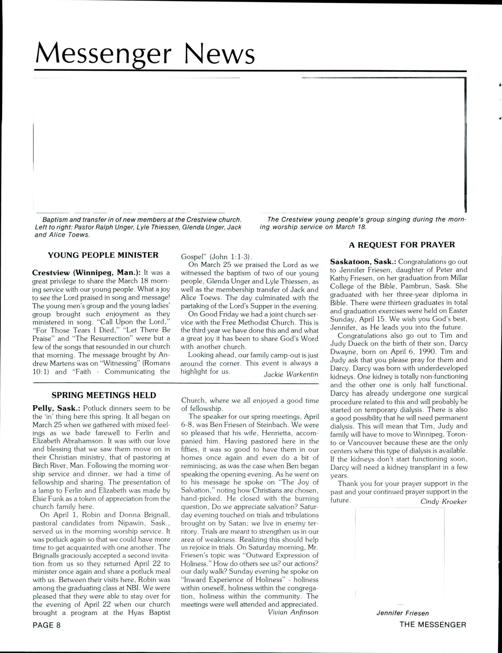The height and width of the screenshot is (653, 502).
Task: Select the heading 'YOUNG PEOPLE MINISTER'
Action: tap(103, 255)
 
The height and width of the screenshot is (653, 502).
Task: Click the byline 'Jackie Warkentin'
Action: tap(291, 374)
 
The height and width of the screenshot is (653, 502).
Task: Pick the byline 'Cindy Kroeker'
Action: tap(443, 502)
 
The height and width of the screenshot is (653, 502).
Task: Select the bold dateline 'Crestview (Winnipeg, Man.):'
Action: tap(86, 273)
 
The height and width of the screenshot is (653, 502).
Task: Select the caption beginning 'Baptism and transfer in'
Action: tap(138, 227)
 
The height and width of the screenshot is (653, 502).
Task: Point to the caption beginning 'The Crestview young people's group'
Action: tap(362, 223)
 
